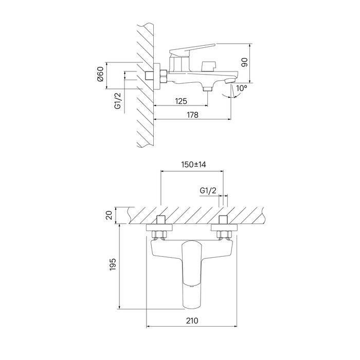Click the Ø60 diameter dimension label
100,74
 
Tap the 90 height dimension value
245,62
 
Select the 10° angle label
242,88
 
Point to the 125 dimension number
181,101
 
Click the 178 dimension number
192,115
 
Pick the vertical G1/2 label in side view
118,101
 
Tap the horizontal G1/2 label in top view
208,191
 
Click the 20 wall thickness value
109,215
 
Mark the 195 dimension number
113,264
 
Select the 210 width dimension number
192,320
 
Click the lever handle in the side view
192,50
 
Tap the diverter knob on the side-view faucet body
209,66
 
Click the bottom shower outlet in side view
208,88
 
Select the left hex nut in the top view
159,235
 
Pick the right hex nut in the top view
224,235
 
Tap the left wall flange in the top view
159,227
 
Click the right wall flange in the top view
224,227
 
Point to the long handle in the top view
192,274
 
